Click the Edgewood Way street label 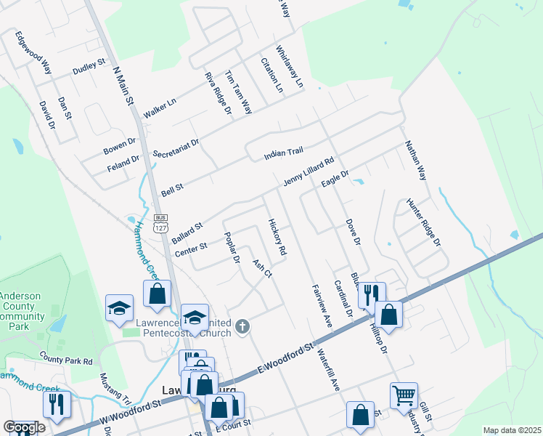click(x=33, y=52)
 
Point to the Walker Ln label click(x=160, y=107)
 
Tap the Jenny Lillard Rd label click(x=308, y=174)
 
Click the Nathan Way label click(x=415, y=161)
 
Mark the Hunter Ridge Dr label click(x=423, y=221)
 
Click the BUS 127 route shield click(x=161, y=222)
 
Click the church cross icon click(x=242, y=328)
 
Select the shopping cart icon click(x=404, y=396)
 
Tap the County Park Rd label click(x=66, y=359)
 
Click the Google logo click(x=25, y=427)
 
